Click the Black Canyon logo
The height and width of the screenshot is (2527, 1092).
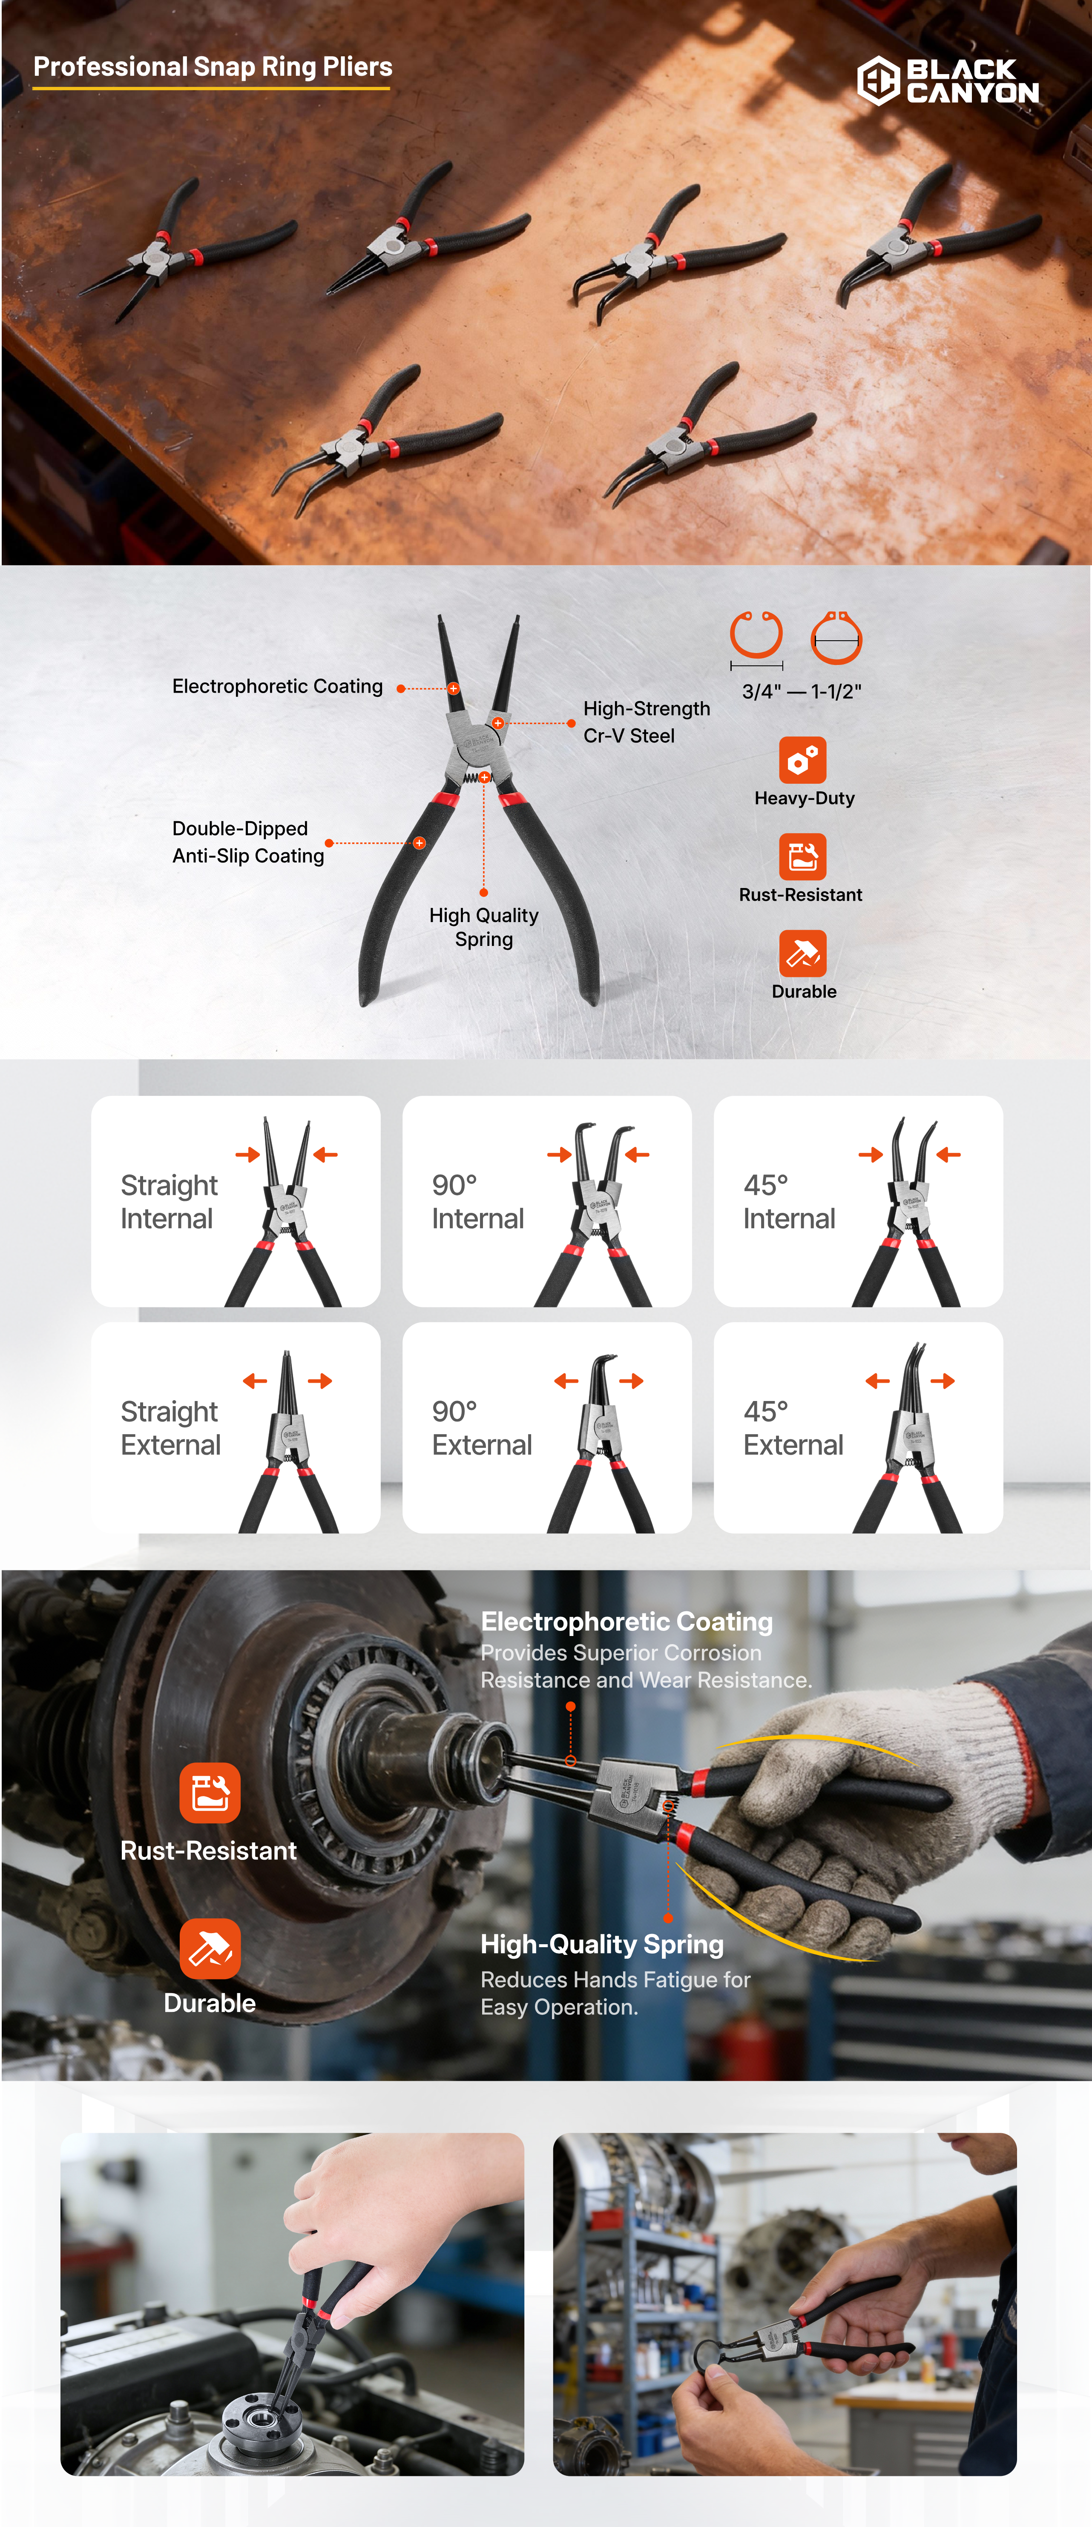click(x=948, y=80)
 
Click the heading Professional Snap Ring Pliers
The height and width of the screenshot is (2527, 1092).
click(x=213, y=67)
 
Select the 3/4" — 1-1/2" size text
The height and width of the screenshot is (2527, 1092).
click(x=802, y=692)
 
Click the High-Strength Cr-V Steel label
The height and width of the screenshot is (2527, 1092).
click(x=647, y=722)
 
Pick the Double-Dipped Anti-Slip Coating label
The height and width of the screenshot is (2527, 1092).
click(x=248, y=842)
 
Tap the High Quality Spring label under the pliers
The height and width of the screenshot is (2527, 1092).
click(x=484, y=927)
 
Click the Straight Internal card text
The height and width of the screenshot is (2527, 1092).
click(x=169, y=1202)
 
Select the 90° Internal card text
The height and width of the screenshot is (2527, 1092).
click(x=478, y=1202)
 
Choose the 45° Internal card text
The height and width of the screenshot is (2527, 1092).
click(x=789, y=1202)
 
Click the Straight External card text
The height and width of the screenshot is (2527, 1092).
click(x=171, y=1428)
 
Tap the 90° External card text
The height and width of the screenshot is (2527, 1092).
click(x=482, y=1428)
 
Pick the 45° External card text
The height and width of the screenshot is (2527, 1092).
click(x=793, y=1428)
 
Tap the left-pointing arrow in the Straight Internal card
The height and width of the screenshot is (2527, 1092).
click(x=326, y=1155)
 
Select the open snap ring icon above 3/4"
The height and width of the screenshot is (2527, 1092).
click(x=756, y=636)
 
